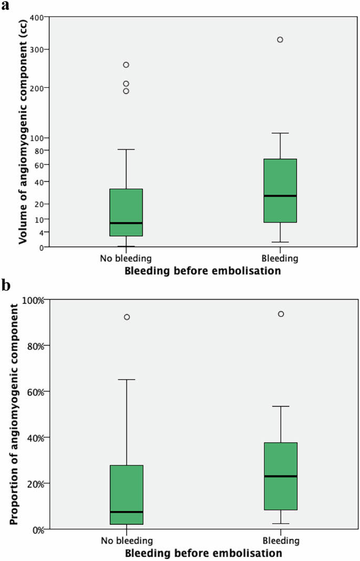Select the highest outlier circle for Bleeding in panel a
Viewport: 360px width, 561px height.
[280, 40]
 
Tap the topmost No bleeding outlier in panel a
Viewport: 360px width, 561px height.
[126, 65]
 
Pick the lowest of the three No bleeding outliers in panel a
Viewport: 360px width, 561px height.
[126, 91]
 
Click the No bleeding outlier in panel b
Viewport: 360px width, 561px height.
[127, 317]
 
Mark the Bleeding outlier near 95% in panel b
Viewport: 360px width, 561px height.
[281, 314]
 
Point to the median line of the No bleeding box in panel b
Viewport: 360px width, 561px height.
[126, 512]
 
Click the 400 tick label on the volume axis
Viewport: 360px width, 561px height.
[36, 18]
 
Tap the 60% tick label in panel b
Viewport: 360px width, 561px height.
[34, 391]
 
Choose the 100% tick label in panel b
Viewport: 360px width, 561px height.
[33, 300]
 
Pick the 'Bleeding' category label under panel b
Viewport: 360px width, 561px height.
[282, 541]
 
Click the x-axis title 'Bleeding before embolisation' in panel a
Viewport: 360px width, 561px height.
[203, 271]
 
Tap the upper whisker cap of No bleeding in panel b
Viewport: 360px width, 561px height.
[126, 379]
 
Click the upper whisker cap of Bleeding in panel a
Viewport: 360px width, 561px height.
[280, 133]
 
